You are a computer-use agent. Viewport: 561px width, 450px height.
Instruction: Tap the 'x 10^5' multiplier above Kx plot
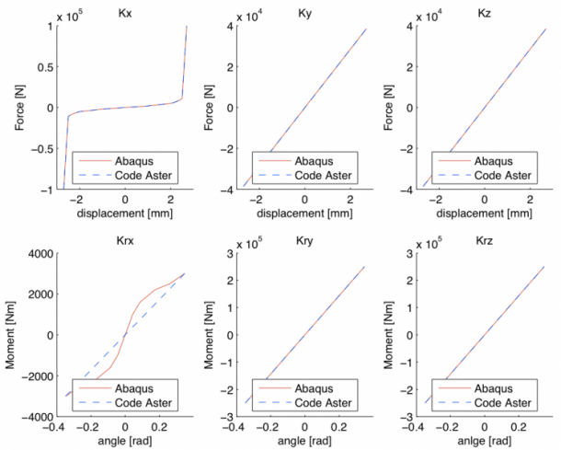[x=80, y=16]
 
